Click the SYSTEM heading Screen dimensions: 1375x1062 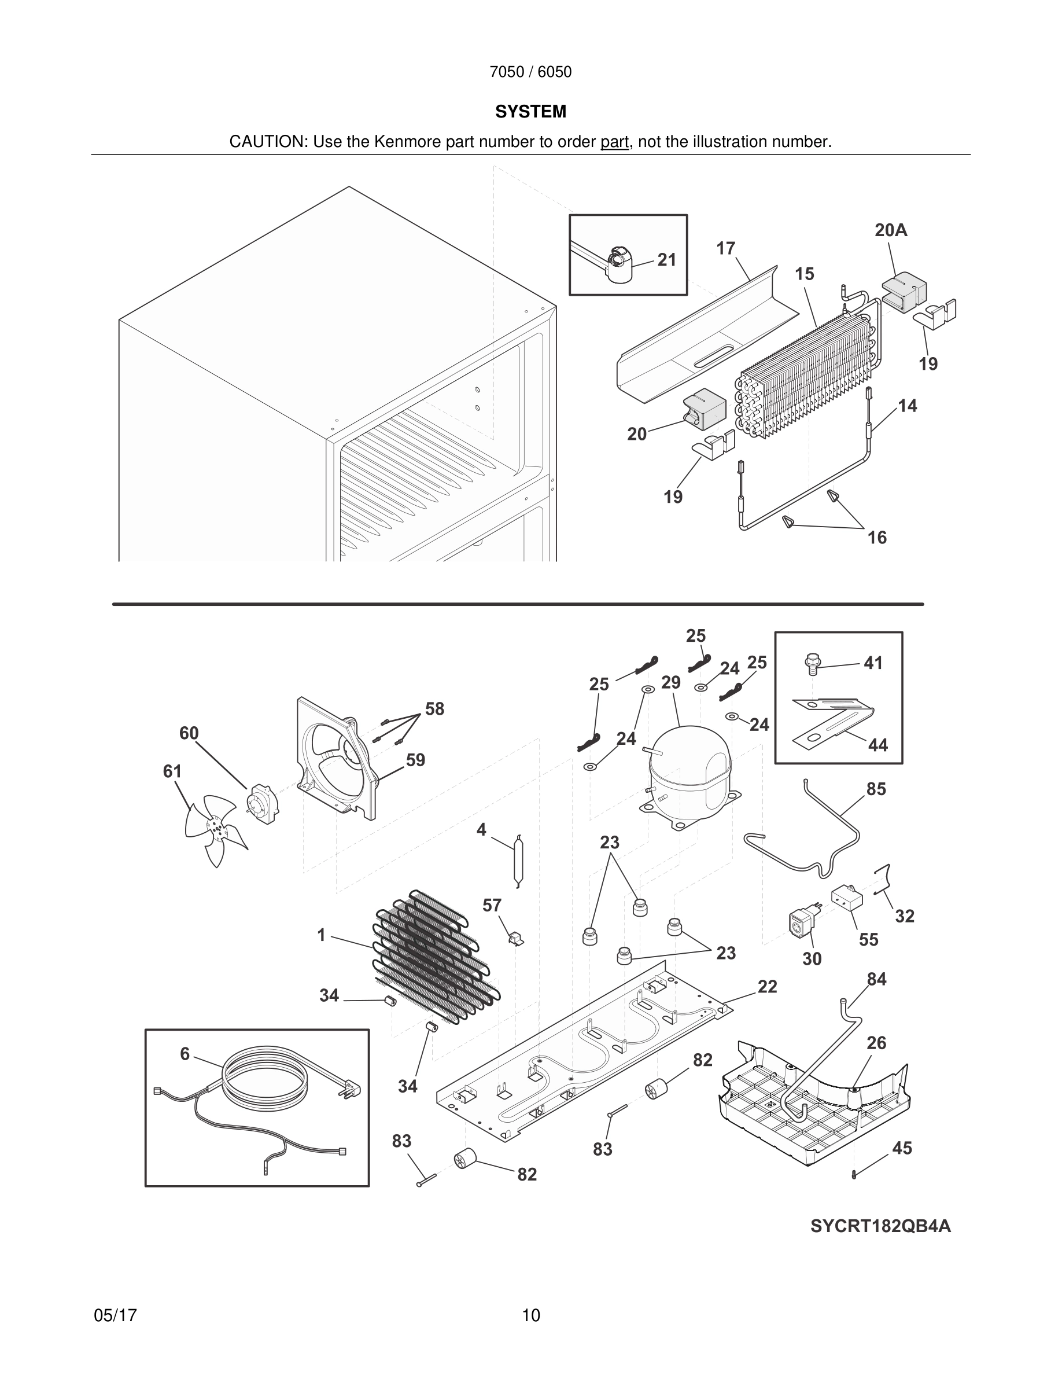pyautogui.click(x=530, y=112)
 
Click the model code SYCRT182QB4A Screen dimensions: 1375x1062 pyautogui.click(x=880, y=1226)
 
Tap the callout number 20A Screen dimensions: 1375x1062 pyautogui.click(x=891, y=230)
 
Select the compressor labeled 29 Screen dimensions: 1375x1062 pyautogui.click(x=690, y=775)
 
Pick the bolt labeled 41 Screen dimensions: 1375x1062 pyautogui.click(x=813, y=663)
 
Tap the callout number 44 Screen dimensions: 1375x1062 pyautogui.click(x=877, y=745)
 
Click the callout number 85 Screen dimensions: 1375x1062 pyautogui.click(x=876, y=789)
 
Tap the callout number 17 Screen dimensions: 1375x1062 pyautogui.click(x=725, y=249)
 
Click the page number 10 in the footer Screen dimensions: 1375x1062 pyautogui.click(x=530, y=1315)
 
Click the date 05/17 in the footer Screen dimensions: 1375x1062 pyautogui.click(x=115, y=1315)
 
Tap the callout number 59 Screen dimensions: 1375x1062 pyautogui.click(x=415, y=760)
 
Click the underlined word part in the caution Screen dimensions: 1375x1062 pyautogui.click(x=614, y=142)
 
